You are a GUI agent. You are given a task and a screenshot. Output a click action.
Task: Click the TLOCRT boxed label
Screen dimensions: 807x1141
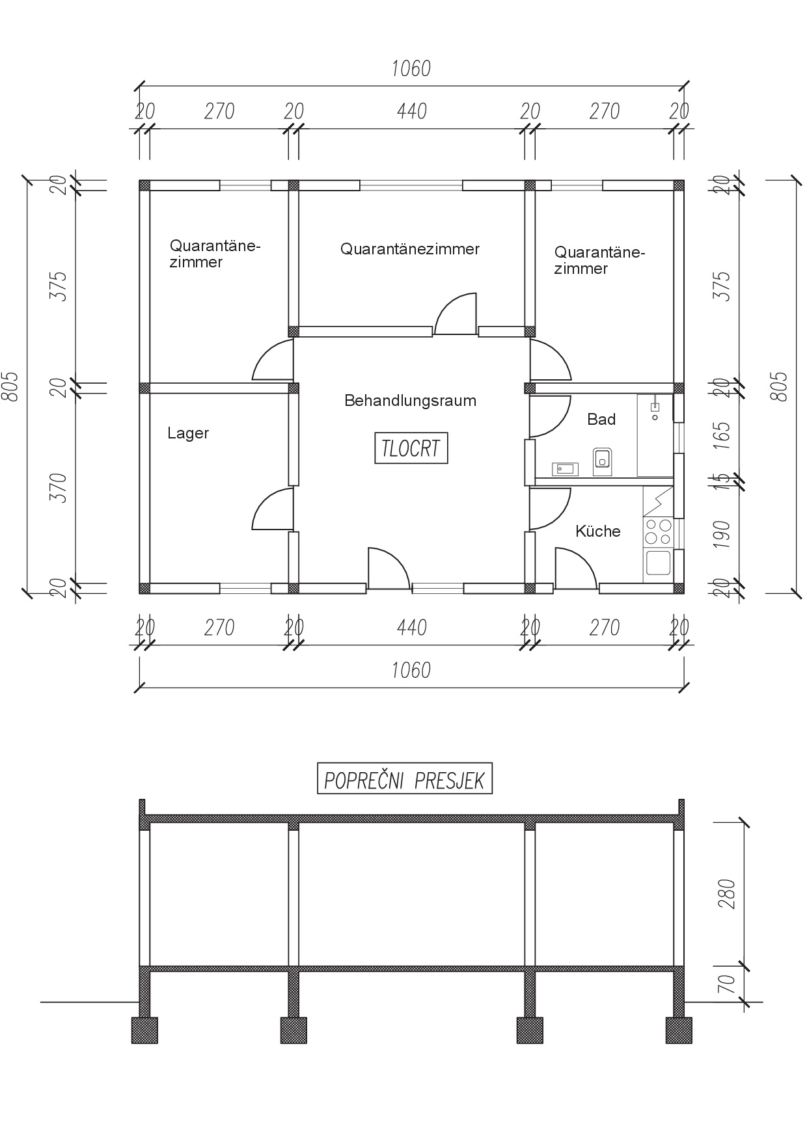pyautogui.click(x=411, y=448)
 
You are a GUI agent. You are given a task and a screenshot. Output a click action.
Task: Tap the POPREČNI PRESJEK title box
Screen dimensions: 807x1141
pyautogui.click(x=404, y=779)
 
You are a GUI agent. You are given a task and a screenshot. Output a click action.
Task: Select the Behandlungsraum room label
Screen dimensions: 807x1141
pyautogui.click(x=410, y=401)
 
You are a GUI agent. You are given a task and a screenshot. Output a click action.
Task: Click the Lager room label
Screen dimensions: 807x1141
pyautogui.click(x=188, y=433)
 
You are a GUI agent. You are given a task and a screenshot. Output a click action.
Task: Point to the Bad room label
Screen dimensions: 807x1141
pyautogui.click(x=601, y=420)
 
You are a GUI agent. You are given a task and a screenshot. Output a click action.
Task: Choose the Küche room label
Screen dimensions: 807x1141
pyautogui.click(x=597, y=531)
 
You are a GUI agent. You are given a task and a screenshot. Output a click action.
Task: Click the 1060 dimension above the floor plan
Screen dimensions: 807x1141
pyautogui.click(x=411, y=68)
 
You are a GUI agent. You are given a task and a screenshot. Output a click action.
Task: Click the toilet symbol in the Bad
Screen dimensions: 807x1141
pyautogui.click(x=601, y=458)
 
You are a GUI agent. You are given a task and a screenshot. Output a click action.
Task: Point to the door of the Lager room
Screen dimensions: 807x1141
pyautogui.click(x=273, y=509)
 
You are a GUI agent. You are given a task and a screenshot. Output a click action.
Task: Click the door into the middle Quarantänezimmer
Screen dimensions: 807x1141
pyautogui.click(x=456, y=314)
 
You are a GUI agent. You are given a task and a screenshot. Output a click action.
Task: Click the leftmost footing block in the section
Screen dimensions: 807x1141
pyautogui.click(x=144, y=1030)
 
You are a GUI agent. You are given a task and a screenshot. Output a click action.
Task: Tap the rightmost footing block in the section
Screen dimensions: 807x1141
pyautogui.click(x=679, y=1030)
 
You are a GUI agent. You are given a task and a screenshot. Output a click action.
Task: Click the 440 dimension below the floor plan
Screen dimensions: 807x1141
pyautogui.click(x=411, y=628)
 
